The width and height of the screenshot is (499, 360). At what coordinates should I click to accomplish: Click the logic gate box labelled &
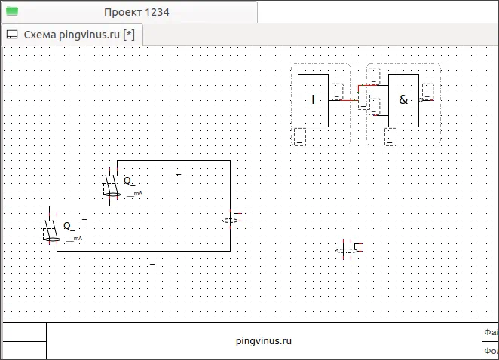(x=403, y=100)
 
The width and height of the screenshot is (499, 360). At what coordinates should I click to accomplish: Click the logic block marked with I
(x=313, y=100)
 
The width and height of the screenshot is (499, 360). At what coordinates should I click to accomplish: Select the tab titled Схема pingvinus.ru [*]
(x=78, y=35)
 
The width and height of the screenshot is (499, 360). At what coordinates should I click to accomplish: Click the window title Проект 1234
(x=136, y=12)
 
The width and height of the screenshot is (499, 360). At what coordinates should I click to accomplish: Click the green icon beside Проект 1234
(x=12, y=12)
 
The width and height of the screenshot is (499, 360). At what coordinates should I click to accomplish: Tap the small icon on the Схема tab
(x=12, y=35)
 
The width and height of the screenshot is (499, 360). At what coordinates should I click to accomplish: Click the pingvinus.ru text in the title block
(x=263, y=340)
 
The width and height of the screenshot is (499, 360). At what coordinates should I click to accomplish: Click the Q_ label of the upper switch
(x=129, y=181)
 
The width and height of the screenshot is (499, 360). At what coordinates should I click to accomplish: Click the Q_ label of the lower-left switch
(x=69, y=225)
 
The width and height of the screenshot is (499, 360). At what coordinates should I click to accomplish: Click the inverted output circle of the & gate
(x=421, y=99)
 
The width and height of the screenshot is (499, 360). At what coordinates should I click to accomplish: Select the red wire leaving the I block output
(x=343, y=100)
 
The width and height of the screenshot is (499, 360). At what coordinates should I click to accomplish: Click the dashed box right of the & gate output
(x=428, y=91)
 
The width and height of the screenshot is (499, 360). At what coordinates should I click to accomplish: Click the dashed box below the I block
(x=299, y=136)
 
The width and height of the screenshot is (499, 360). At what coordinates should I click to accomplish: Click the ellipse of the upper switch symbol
(x=112, y=195)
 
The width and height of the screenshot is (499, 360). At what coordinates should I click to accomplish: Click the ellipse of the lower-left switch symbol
(x=51, y=239)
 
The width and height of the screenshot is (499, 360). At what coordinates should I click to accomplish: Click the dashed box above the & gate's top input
(x=374, y=75)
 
